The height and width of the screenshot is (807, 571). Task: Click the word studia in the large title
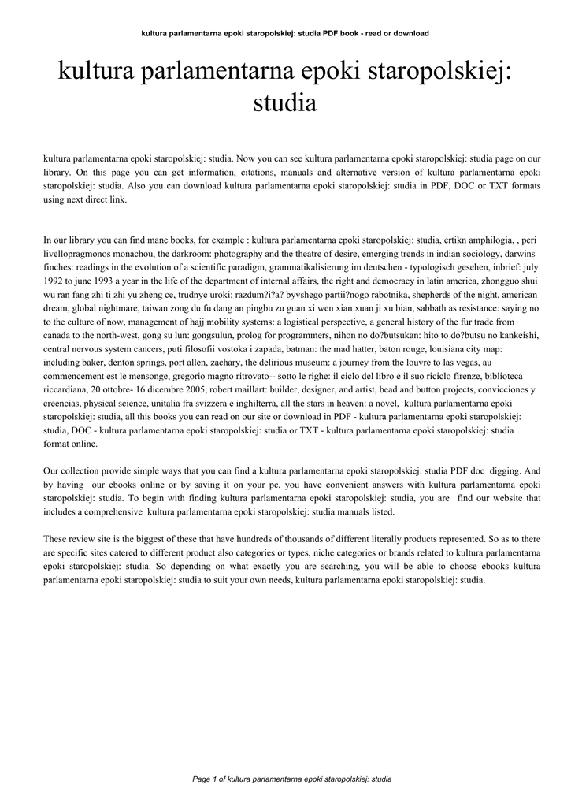285,103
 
